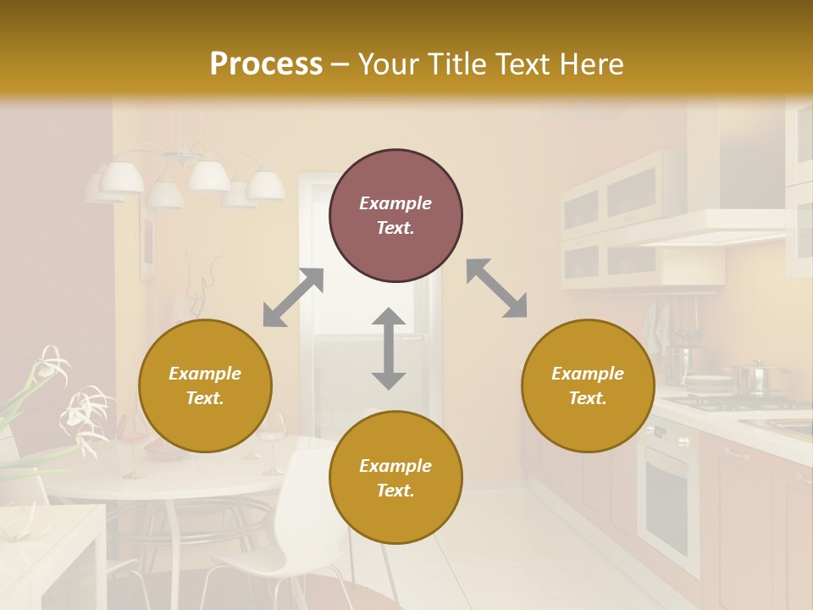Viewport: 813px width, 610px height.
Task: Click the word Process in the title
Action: coord(266,64)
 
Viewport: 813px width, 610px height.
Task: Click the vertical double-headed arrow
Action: coord(389,349)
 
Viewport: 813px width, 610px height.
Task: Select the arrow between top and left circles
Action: coord(293,297)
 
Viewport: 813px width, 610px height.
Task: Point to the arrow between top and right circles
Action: coord(496,288)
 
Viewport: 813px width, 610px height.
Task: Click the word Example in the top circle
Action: coord(395,203)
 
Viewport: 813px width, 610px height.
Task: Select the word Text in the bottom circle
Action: coord(395,491)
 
